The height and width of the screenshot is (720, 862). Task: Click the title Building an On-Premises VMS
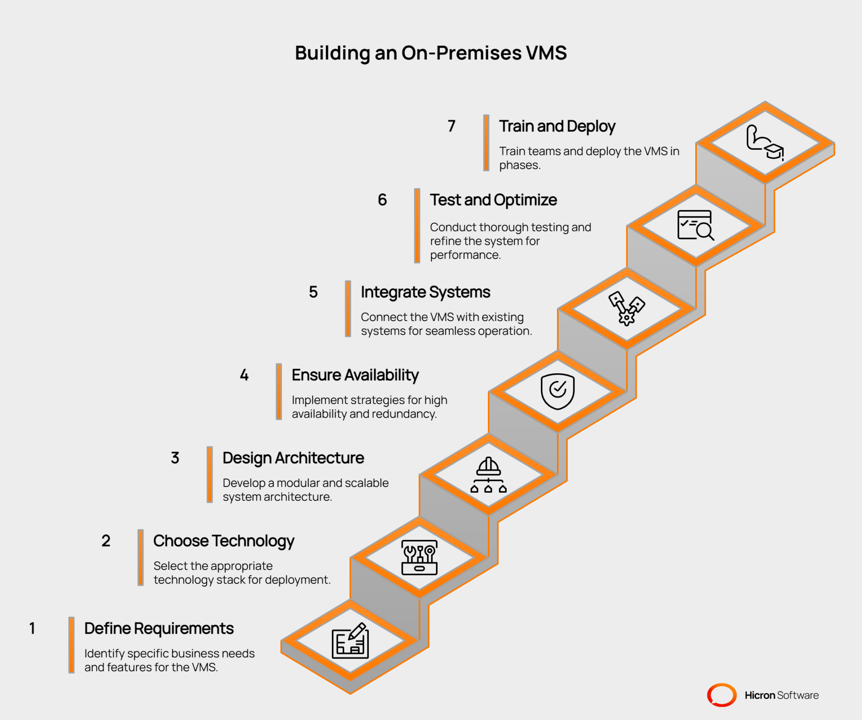coord(431,53)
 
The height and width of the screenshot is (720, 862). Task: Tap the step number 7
coord(451,126)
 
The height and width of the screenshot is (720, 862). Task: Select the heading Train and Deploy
coord(557,126)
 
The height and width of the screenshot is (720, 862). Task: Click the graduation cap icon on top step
coord(764,143)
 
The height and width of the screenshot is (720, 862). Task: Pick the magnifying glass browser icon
coord(695,226)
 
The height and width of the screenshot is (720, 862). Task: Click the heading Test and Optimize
coord(493,200)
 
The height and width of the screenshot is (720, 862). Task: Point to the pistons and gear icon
coord(626,308)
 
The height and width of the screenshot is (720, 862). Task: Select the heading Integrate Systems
coord(425,292)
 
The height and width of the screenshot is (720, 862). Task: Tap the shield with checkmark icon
coord(557,391)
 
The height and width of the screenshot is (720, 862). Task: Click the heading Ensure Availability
coord(355,375)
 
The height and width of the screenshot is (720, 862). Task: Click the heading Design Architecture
coord(293,458)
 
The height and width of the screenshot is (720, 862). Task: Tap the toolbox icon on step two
coord(419,558)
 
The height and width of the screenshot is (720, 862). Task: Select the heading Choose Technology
coord(223,541)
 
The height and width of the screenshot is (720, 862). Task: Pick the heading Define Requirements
coord(159,628)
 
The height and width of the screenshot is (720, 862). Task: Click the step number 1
coord(32,628)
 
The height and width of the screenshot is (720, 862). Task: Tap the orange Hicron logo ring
coord(721,695)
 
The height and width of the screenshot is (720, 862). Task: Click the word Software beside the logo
coord(798,695)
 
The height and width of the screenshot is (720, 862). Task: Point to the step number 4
coord(244,375)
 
